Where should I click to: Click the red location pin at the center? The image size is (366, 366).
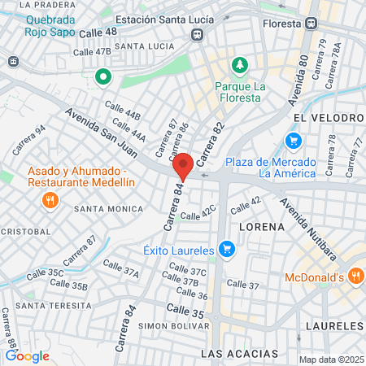click(184, 166)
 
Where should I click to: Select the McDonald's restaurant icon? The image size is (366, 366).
click(355, 277)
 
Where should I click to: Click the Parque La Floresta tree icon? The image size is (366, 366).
click(239, 64)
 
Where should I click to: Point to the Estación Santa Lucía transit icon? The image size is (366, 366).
click(197, 34)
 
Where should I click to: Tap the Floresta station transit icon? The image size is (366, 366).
click(311, 24)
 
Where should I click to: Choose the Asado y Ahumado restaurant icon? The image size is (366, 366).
click(50, 199)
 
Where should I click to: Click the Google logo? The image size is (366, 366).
click(27, 355)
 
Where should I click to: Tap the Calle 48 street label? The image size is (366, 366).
click(100, 32)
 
